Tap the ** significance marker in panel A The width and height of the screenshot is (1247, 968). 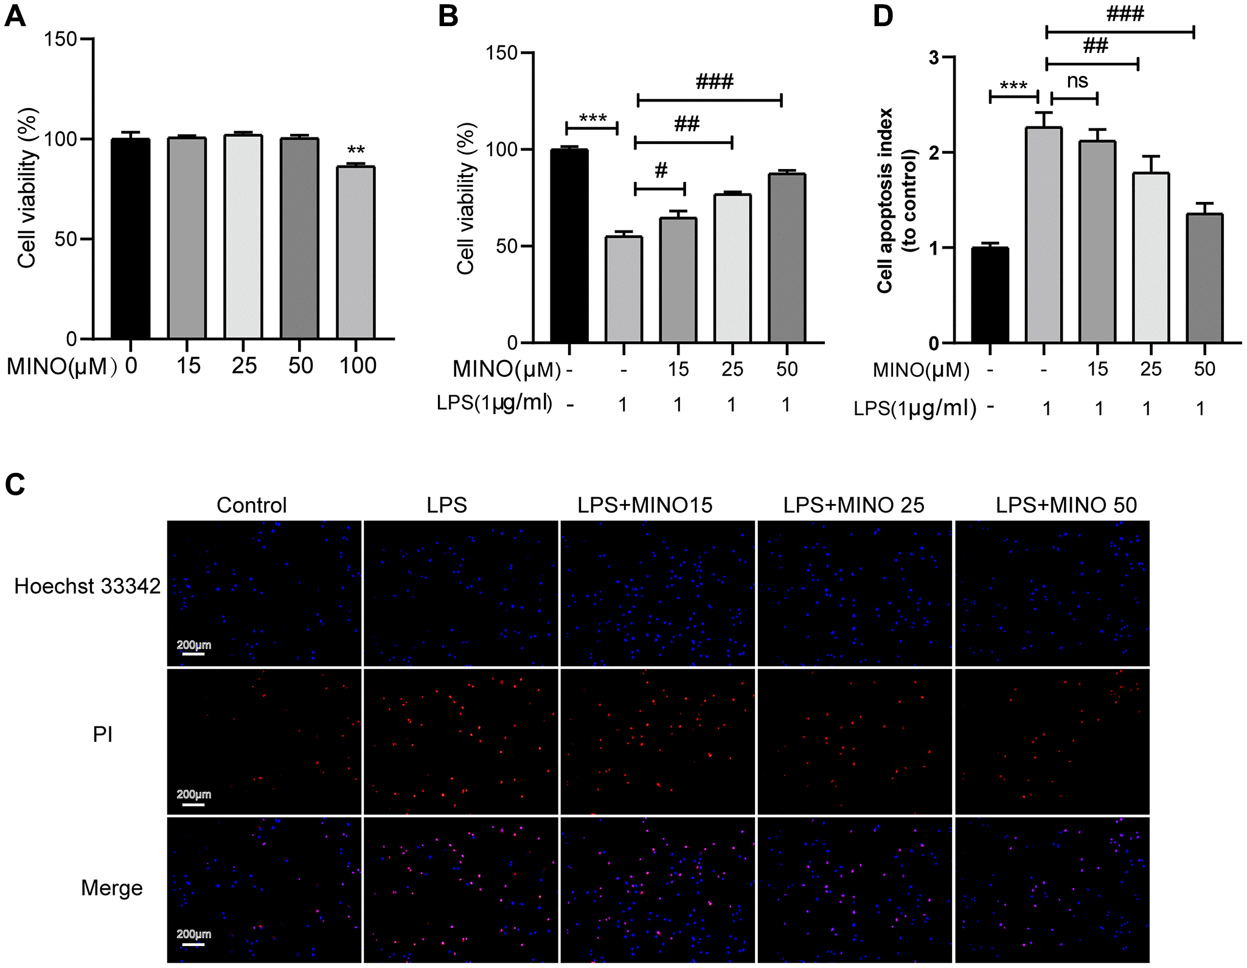356,150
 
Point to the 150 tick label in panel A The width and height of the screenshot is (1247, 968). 60,40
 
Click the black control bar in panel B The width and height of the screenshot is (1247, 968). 569,246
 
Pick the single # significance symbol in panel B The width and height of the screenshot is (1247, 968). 661,170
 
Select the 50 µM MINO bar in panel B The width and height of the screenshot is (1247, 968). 787,258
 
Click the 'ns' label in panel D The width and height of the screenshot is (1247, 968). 1077,81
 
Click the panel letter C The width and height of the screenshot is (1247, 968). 15,485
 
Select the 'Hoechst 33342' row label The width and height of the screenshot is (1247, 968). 88,586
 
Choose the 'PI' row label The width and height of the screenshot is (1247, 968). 102,735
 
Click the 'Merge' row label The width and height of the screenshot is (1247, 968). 112,888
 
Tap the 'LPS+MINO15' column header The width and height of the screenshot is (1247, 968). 645,505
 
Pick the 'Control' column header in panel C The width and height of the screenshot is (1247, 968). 251,505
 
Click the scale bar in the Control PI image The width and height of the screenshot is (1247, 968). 193,804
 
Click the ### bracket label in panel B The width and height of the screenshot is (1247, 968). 715,81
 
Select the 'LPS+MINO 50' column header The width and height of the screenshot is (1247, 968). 1066,505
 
